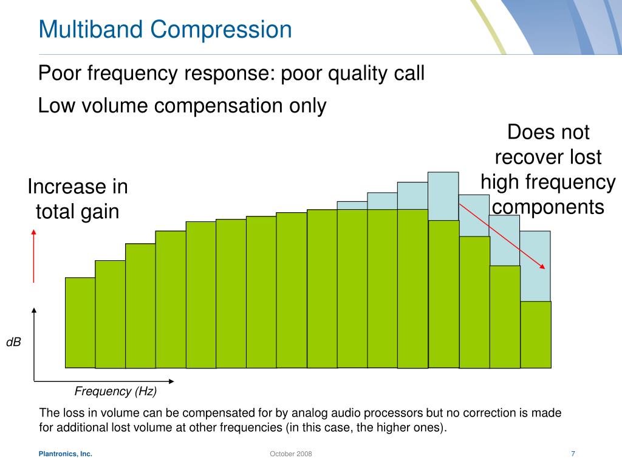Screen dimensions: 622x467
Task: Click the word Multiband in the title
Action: (91, 29)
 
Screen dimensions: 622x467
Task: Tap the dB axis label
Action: (13, 342)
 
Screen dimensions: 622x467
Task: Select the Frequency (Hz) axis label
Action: (115, 391)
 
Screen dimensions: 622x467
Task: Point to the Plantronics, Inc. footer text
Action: (66, 454)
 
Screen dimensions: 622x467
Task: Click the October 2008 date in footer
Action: (291, 454)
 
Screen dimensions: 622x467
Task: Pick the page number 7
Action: (573, 454)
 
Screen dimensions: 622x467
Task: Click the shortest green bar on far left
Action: (80, 322)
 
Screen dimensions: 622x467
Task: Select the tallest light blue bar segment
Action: (443, 196)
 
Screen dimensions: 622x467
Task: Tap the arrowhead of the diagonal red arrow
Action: (542, 266)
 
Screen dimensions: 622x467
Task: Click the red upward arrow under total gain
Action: (34, 256)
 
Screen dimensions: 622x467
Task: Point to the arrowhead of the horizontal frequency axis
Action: (171, 381)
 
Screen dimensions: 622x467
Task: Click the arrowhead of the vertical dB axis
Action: (34, 310)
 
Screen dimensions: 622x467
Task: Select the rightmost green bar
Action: (536, 334)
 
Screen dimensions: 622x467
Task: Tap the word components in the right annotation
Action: (549, 207)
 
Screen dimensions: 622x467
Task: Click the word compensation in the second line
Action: (218, 106)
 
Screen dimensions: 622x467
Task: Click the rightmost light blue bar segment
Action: (535, 266)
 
